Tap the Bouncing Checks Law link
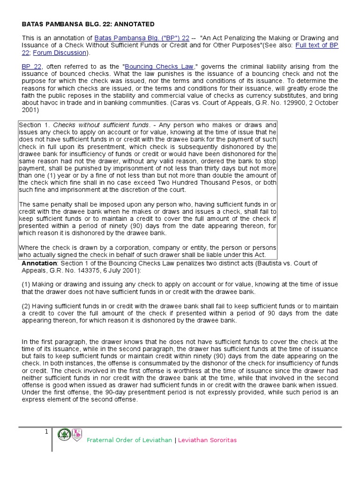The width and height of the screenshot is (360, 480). click(157, 67)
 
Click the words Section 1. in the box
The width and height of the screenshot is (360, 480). click(34, 125)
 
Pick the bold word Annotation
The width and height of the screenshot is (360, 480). click(39, 263)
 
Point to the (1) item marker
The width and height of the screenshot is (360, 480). click(26, 285)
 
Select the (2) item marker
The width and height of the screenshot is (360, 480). click(26, 306)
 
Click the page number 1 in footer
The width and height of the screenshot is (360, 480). click(46, 432)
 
